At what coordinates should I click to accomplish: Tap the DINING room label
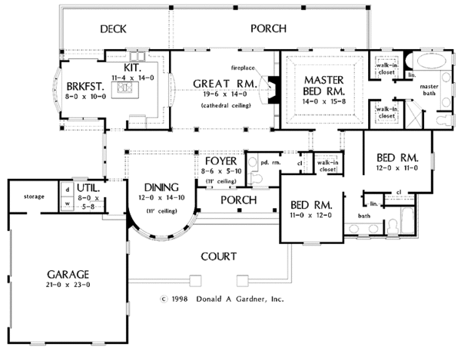pos(160,187)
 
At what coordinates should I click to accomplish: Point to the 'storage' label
pos(34,197)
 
